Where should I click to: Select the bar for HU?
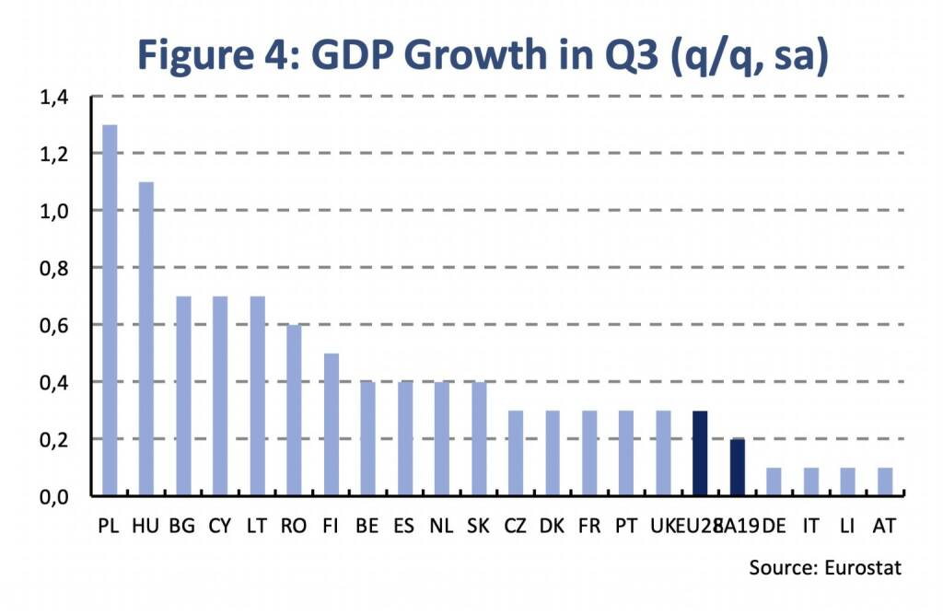click(x=146, y=339)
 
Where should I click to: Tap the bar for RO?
click(x=294, y=410)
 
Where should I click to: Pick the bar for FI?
click(x=331, y=424)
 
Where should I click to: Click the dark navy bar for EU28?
click(x=700, y=453)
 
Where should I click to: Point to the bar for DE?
click(x=774, y=482)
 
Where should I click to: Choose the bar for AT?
click(x=885, y=482)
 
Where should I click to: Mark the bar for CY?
click(x=220, y=396)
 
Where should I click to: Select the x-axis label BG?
click(x=183, y=527)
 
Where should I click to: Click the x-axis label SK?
click(x=479, y=527)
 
